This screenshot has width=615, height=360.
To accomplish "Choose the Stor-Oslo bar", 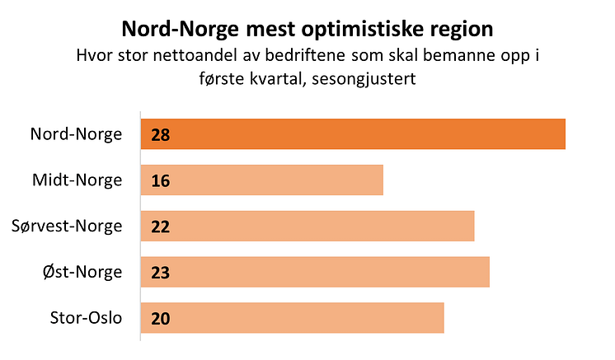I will point(293,318).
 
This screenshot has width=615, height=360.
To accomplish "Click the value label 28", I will point(160,134).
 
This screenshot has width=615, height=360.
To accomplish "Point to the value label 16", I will point(160,180).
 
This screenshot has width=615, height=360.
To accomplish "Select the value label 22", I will point(160,227).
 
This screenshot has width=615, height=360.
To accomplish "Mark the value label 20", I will point(160,318).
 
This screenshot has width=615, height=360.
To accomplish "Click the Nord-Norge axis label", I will point(76,134).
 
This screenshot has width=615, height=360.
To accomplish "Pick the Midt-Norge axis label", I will point(77,180).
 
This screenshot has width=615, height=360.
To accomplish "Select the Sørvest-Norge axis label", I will point(68,227).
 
